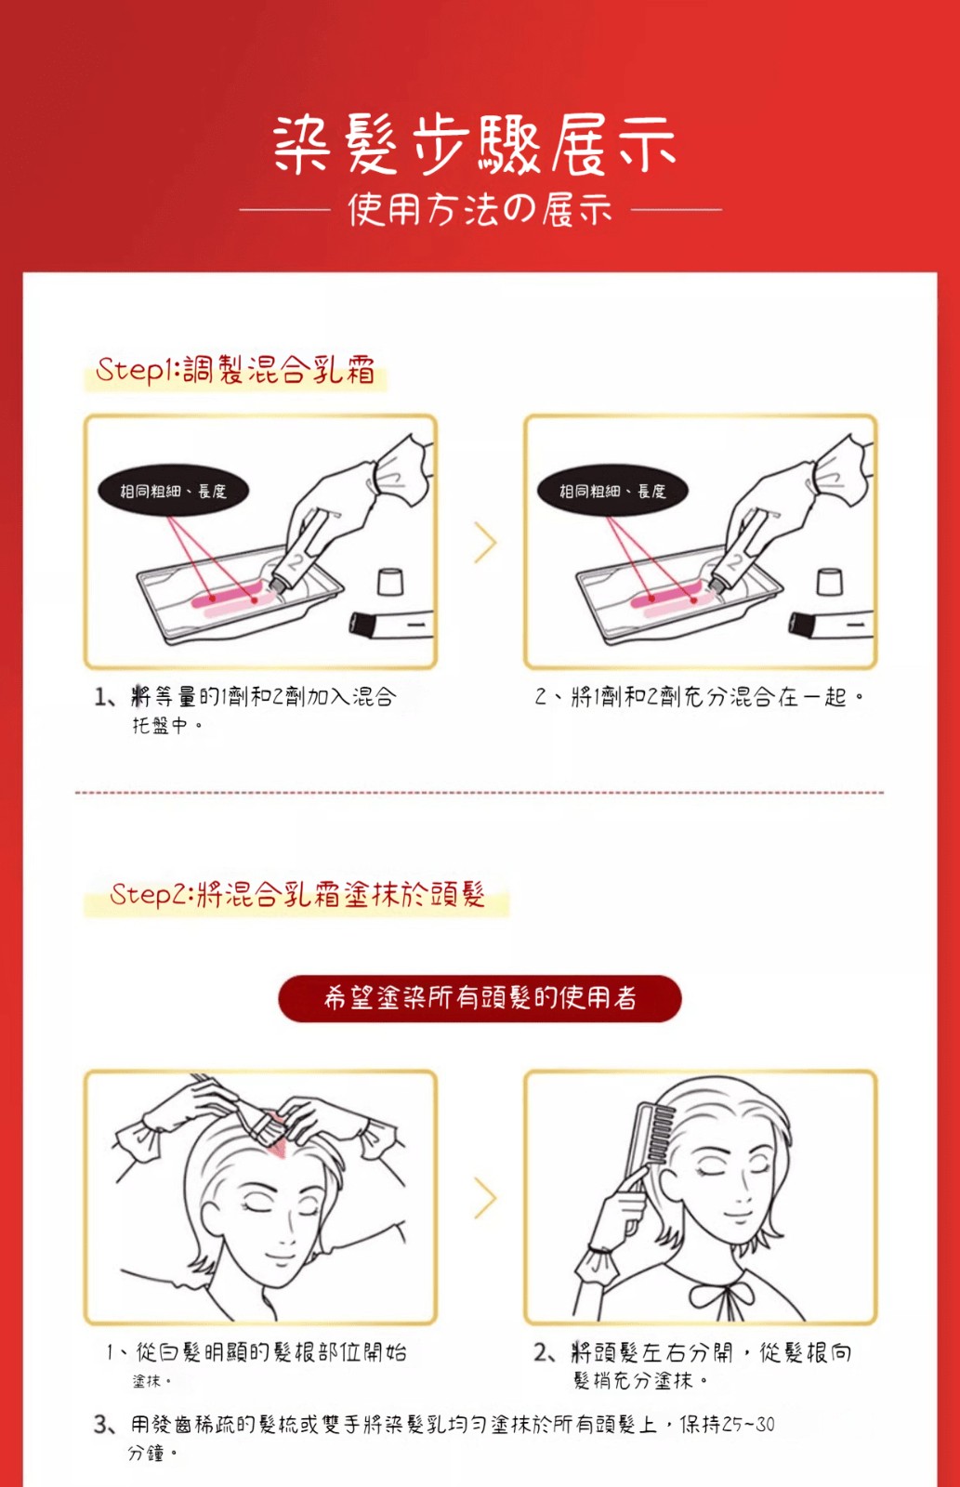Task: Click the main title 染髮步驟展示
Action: (x=474, y=145)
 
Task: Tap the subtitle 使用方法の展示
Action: (x=480, y=210)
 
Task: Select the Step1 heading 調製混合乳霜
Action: (x=279, y=370)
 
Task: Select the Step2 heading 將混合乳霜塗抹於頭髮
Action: (x=340, y=894)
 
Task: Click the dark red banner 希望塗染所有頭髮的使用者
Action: (x=480, y=998)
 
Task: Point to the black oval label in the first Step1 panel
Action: (x=173, y=491)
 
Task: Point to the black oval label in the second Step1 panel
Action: (x=612, y=491)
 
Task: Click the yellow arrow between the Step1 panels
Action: (x=485, y=543)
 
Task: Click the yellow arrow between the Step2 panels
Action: (x=485, y=1198)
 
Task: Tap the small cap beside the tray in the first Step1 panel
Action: (x=389, y=582)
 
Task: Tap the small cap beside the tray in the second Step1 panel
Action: (x=829, y=582)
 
